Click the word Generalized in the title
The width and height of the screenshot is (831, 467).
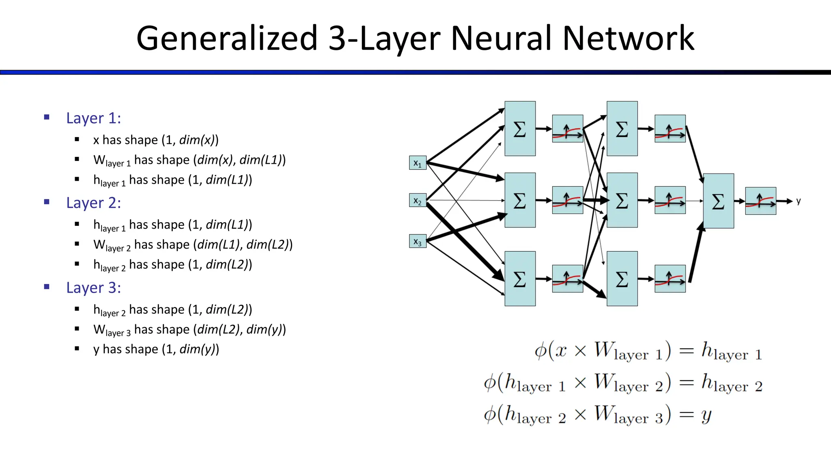click(226, 39)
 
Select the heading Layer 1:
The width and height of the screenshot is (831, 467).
click(93, 118)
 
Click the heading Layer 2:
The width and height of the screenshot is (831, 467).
click(93, 203)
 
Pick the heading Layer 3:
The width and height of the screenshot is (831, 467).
click(93, 288)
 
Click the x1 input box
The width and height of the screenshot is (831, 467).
click(418, 163)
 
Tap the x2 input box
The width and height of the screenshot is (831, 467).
click(418, 200)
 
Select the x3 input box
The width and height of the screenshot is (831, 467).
click(418, 241)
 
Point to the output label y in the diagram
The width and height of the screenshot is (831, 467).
click(798, 201)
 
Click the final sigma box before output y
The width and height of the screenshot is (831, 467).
click(718, 201)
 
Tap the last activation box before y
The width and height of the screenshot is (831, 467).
click(760, 201)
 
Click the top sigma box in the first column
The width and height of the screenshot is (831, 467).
click(520, 129)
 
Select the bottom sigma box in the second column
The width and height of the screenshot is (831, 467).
click(622, 278)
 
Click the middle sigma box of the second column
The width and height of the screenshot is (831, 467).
click(622, 200)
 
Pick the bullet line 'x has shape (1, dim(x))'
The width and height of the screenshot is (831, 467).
click(156, 140)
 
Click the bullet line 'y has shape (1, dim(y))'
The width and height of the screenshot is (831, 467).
click(156, 349)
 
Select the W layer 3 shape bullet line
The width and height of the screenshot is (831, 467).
click(189, 330)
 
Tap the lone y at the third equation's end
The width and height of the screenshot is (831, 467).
click(706, 415)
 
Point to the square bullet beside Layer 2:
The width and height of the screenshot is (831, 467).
click(47, 202)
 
